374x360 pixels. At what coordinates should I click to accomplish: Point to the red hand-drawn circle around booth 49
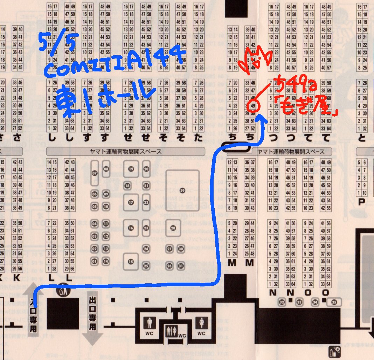pyautogui.click(x=253, y=105)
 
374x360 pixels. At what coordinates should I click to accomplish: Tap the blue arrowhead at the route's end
pyautogui.click(x=262, y=119)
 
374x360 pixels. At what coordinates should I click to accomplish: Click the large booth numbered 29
pyautogui.click(x=182, y=190)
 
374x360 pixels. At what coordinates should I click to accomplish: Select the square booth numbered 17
pyautogui.click(x=131, y=202)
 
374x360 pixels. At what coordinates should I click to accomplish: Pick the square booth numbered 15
pyautogui.click(x=131, y=261)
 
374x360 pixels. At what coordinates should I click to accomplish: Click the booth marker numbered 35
pyautogui.click(x=334, y=302)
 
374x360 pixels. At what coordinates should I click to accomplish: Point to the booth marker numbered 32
pyautogui.click(x=282, y=302)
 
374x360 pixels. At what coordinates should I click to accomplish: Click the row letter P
pyautogui.click(x=361, y=201)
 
